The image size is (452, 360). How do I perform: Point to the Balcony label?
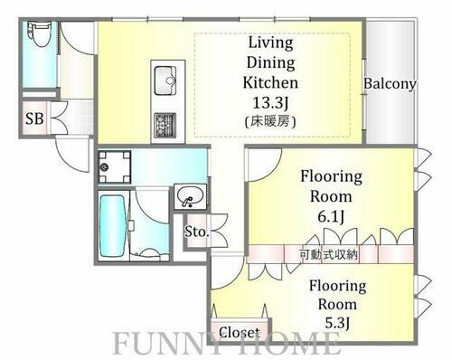[390, 84]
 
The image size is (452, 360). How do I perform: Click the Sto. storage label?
[197, 232]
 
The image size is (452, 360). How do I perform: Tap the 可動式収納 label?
[329, 254]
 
